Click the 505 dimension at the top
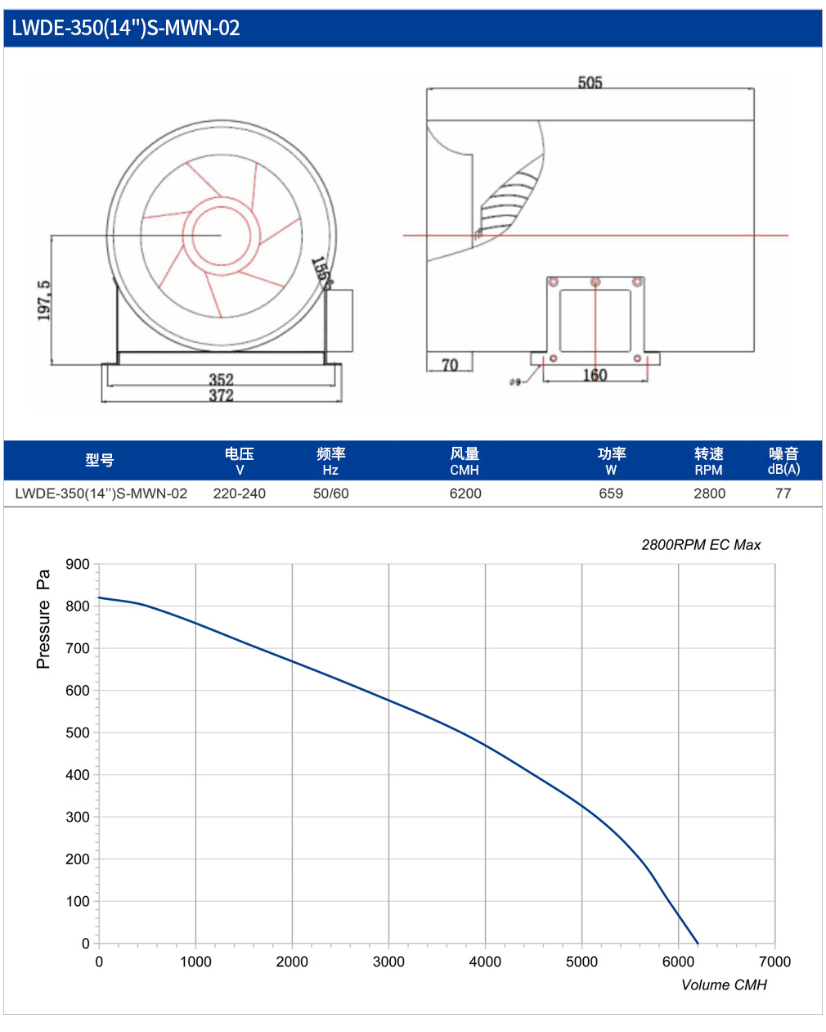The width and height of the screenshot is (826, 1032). tap(590, 83)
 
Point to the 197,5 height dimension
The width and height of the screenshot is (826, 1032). tap(43, 300)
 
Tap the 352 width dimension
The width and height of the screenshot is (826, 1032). tap(221, 379)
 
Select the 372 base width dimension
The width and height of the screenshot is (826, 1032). tap(221, 395)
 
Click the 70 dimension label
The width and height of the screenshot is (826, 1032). tap(450, 366)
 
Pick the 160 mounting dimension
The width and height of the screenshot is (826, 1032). tap(595, 375)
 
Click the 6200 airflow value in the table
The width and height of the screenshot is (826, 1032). tap(465, 493)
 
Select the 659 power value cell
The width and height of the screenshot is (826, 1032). tap(611, 493)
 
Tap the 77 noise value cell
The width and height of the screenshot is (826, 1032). tap(783, 493)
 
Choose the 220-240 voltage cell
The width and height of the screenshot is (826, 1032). tap(240, 493)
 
